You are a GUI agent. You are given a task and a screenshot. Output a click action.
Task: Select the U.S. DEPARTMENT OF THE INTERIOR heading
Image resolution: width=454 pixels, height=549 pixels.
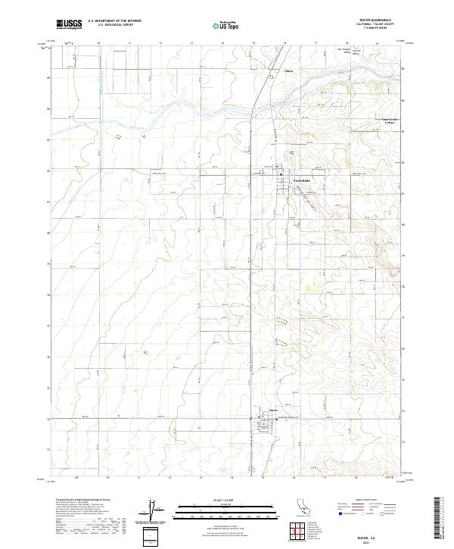point(114,20)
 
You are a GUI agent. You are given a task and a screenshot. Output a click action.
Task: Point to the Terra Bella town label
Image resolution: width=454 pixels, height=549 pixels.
point(291,179)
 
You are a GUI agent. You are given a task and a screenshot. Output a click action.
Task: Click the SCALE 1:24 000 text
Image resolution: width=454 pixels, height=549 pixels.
point(216,501)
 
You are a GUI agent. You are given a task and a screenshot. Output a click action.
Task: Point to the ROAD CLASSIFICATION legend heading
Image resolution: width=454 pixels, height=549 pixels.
point(345,501)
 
